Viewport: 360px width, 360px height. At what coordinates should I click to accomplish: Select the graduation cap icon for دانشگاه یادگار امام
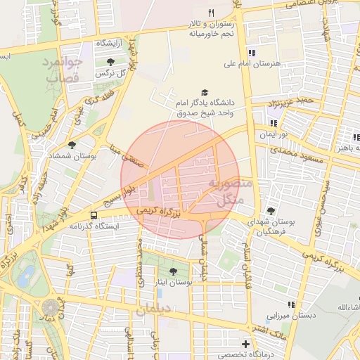205,92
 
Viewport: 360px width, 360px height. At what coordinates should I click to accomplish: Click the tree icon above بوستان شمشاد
71,144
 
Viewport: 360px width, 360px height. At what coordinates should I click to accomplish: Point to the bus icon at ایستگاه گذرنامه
94,214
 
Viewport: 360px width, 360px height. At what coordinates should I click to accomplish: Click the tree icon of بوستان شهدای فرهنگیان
271,211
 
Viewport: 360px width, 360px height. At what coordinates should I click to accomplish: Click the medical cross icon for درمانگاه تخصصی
245,344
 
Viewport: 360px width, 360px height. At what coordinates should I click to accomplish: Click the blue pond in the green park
27,274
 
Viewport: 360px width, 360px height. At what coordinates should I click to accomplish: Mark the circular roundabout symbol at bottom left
51,308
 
